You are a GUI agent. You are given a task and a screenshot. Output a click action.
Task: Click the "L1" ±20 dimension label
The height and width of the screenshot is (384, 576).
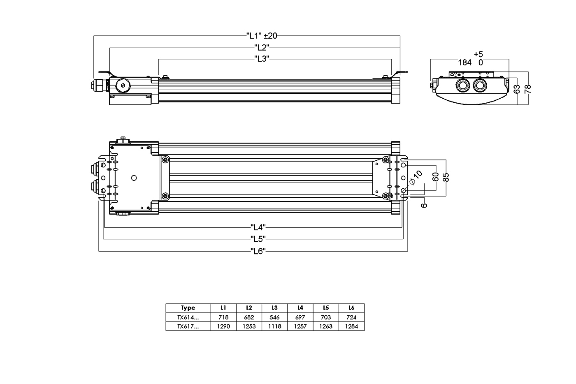(262, 36)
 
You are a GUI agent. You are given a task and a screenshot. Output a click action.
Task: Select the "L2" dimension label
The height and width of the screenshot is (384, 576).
(262, 47)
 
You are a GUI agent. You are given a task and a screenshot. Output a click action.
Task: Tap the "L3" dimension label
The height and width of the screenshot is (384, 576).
(262, 59)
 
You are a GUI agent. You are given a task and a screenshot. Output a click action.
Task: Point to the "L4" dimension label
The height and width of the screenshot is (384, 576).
(258, 227)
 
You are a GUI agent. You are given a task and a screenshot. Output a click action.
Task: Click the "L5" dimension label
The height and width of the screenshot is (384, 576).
(258, 238)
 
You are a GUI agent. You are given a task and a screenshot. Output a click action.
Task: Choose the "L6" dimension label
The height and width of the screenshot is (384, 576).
(258, 251)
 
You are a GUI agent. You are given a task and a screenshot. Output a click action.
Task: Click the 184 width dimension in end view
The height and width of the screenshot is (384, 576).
(465, 62)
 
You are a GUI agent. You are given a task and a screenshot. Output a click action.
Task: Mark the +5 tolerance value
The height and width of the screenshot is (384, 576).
(478, 54)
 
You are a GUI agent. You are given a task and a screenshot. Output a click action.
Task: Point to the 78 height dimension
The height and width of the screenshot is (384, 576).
(528, 89)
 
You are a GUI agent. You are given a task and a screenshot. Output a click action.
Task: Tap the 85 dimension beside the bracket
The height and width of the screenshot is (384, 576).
(446, 177)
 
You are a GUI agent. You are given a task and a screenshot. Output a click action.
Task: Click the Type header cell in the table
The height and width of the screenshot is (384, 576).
(188, 308)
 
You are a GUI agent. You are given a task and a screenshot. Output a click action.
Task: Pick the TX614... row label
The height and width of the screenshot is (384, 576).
(188, 317)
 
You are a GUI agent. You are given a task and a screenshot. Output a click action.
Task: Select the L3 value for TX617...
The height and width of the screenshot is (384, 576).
(274, 326)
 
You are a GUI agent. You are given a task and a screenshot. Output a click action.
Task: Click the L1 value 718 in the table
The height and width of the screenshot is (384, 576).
(223, 317)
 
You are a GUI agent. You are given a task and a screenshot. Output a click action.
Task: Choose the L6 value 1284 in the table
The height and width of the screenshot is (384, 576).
(351, 326)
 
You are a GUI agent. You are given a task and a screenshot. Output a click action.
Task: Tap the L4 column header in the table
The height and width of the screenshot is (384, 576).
(300, 308)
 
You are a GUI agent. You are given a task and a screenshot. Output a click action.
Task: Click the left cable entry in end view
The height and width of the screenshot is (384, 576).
(462, 86)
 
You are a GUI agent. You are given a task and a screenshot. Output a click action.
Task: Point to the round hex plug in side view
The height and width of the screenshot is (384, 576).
(123, 86)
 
